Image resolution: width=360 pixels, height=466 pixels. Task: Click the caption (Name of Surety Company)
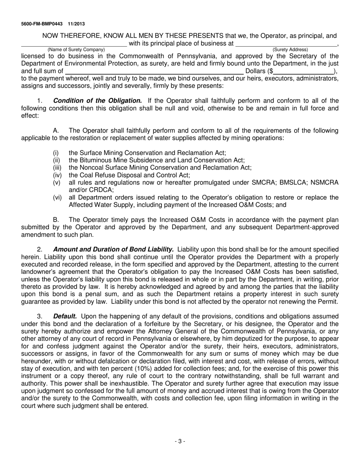coord(76,50)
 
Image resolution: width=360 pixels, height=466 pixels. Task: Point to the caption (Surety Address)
coord(290,50)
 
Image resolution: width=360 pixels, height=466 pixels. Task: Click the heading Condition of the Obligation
coord(97,100)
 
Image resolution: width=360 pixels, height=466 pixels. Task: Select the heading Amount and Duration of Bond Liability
coord(113,249)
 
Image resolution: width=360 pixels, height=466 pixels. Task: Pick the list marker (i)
coord(56,153)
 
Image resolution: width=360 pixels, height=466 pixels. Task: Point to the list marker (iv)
coord(57,175)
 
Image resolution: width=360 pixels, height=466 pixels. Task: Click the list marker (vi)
coord(57,197)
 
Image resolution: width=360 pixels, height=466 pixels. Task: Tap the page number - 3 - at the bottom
coord(180,441)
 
